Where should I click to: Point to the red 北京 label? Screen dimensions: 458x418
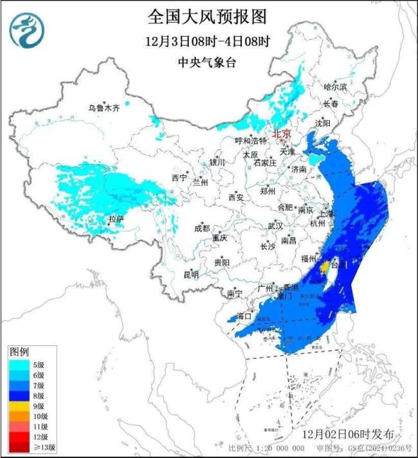coord(282,134)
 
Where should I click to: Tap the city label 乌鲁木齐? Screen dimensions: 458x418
coord(104,108)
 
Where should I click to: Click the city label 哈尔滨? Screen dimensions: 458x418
coord(335,86)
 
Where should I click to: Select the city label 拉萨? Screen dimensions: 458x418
coord(116,219)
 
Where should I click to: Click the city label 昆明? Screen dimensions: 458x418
coord(191,275)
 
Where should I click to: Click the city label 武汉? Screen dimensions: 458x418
coord(275,226)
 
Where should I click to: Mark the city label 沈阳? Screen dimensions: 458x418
coord(322,123)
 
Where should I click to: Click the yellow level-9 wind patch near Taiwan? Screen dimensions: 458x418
coord(326,266)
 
